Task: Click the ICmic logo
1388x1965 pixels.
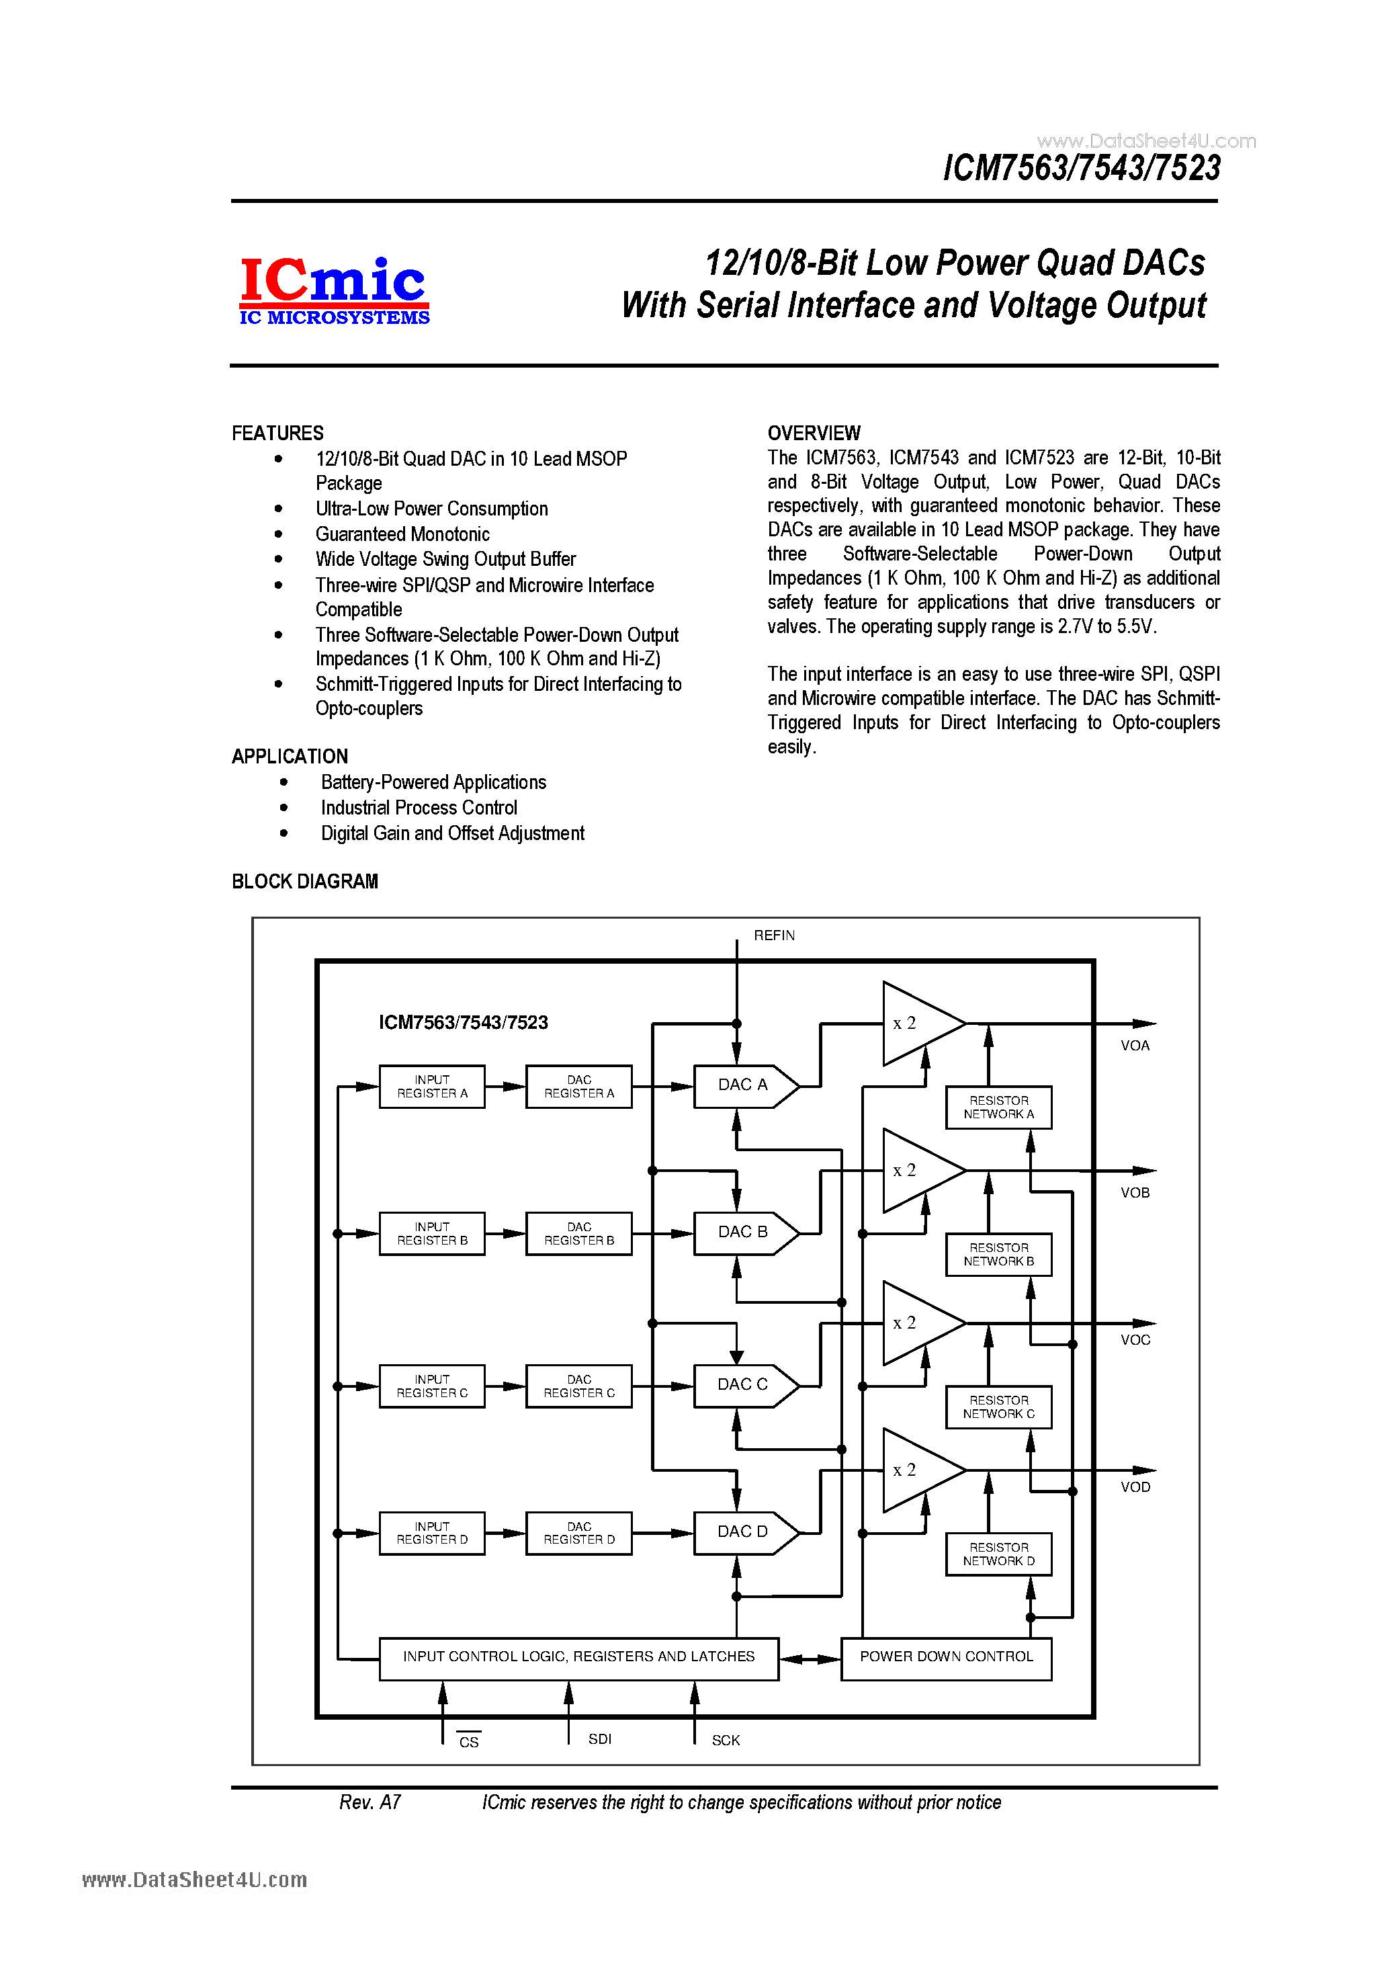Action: (x=334, y=291)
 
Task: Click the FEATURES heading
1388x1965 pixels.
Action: (x=277, y=433)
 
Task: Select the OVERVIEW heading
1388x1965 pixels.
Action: (x=813, y=433)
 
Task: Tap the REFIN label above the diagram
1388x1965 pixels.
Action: (x=773, y=935)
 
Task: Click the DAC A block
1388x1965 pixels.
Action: (x=743, y=1085)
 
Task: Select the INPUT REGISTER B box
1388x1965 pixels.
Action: (x=431, y=1233)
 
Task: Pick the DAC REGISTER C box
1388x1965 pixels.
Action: (x=578, y=1386)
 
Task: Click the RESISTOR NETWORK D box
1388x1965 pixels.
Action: (x=998, y=1553)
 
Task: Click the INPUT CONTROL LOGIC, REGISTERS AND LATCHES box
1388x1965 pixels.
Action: (x=578, y=1657)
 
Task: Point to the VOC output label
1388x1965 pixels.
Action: (x=1135, y=1340)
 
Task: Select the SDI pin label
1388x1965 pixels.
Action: (x=599, y=1739)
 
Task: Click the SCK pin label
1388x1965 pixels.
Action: (x=725, y=1740)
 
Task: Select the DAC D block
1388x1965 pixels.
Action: (x=743, y=1532)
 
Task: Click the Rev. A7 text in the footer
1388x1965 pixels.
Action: (x=370, y=1802)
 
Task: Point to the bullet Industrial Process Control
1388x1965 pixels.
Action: (x=419, y=808)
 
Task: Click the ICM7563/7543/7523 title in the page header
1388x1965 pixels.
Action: (x=1081, y=168)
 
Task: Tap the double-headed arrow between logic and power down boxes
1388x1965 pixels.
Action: (x=810, y=1659)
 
